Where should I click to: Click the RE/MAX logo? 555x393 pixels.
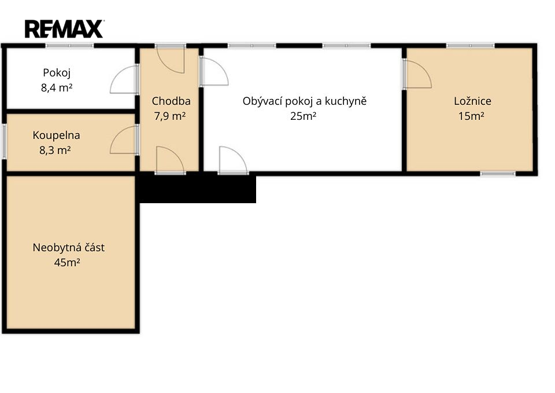[x=64, y=29]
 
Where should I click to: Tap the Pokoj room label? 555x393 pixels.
[x=57, y=73]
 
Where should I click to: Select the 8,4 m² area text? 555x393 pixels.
[x=57, y=87]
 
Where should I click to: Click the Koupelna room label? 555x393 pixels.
[x=56, y=135]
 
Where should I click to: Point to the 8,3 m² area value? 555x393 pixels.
[x=55, y=150]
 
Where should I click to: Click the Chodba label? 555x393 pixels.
[x=171, y=101]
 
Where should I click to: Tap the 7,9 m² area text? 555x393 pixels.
[x=170, y=116]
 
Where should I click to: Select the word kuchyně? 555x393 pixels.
[x=346, y=101]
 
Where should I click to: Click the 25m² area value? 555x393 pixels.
[x=303, y=116]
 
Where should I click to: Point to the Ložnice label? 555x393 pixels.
[x=472, y=101]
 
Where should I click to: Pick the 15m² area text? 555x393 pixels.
[x=471, y=116]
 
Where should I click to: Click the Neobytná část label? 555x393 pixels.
[x=69, y=247]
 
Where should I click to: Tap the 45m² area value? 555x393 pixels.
[x=67, y=263]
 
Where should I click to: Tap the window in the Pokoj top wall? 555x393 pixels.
[x=69, y=45]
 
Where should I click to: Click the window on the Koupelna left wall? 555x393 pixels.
[x=4, y=141]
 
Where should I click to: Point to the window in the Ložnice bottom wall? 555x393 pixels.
[x=498, y=174]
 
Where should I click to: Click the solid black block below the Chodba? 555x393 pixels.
[x=198, y=188]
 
